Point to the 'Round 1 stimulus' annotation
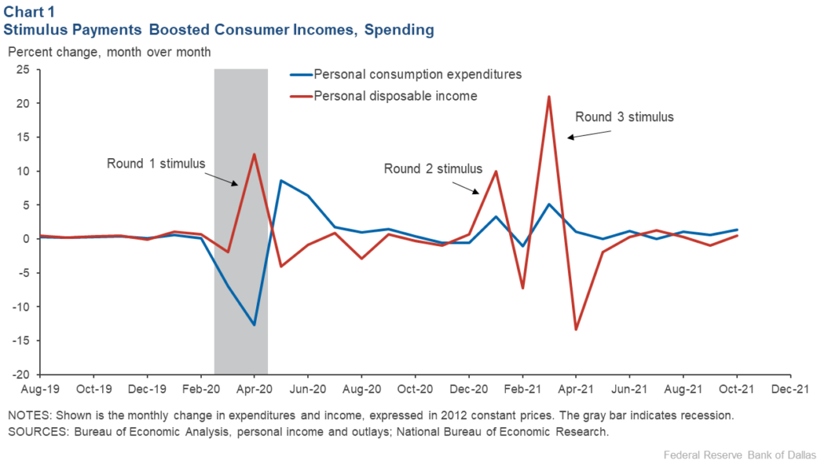pyautogui.click(x=156, y=164)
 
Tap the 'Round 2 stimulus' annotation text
pyautogui.click(x=433, y=169)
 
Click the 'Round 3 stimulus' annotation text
pyautogui.click(x=625, y=117)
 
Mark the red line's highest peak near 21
pyautogui.click(x=549, y=97)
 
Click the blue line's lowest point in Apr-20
pyautogui.click(x=254, y=324)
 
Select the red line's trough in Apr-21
pyautogui.click(x=575, y=329)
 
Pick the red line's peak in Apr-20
pyautogui.click(x=254, y=154)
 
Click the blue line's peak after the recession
pyautogui.click(x=281, y=180)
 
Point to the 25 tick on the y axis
pyautogui.click(x=24, y=69)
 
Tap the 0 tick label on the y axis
pyautogui.click(x=28, y=239)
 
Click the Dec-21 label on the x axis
pyautogui.click(x=789, y=390)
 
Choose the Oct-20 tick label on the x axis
pyautogui.click(x=414, y=390)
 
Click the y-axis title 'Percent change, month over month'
pyautogui.click(x=109, y=52)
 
